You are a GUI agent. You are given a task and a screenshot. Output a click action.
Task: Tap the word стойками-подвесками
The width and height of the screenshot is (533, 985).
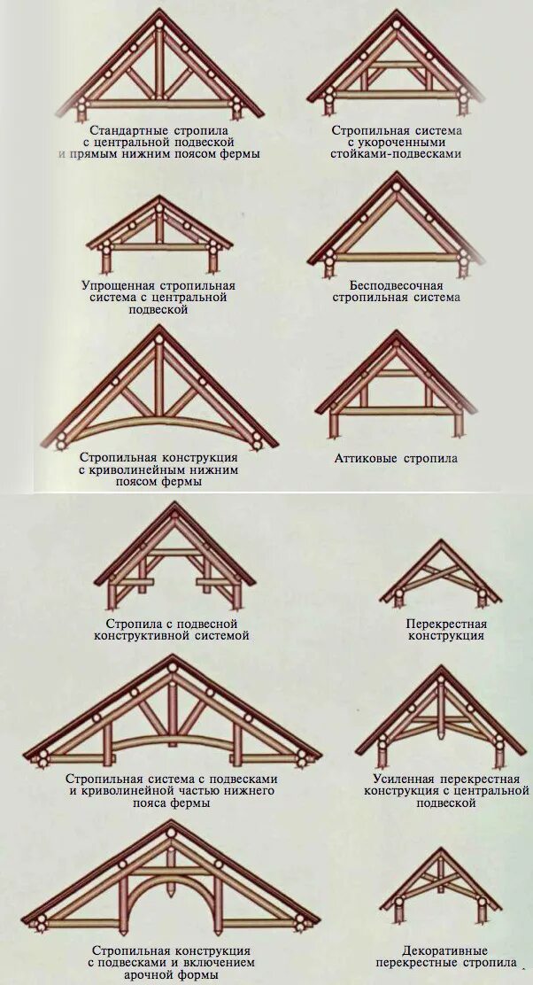[x=397, y=153]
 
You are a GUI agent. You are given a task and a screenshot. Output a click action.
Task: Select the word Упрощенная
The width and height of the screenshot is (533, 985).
[x=118, y=286]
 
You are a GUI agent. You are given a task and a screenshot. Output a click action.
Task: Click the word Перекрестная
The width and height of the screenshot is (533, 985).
[x=446, y=624]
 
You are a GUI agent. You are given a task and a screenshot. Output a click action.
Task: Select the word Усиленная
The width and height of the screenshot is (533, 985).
[x=399, y=779]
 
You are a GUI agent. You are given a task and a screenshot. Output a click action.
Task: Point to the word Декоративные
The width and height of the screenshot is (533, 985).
[x=445, y=950]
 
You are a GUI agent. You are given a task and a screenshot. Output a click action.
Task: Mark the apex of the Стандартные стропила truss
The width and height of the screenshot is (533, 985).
[x=158, y=13]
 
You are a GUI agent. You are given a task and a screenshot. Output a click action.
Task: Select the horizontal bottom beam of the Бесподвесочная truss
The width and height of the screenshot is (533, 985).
[x=397, y=257]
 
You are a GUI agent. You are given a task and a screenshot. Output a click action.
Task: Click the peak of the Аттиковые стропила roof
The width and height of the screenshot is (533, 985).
[x=395, y=335]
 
